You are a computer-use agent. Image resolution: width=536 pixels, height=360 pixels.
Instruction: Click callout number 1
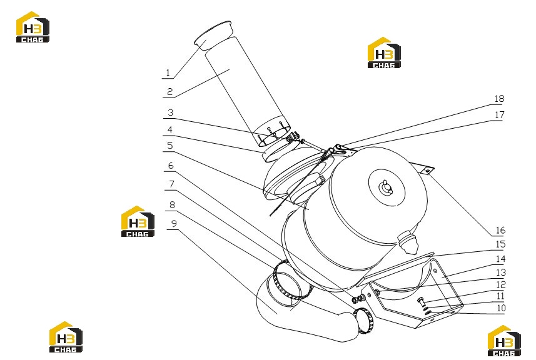tap(168, 72)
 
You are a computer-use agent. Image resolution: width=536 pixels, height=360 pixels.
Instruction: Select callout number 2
tap(170, 91)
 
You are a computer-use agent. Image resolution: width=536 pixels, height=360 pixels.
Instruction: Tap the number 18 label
tap(499, 99)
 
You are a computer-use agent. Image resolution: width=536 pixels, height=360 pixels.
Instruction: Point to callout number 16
tap(500, 230)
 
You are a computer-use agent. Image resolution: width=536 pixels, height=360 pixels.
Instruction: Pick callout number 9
tap(174, 223)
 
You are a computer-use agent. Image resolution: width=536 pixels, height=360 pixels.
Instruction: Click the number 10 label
tap(501, 307)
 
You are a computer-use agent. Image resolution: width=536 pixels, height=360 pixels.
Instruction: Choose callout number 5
tap(170, 146)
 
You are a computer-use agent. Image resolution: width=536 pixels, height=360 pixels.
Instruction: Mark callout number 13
tap(501, 272)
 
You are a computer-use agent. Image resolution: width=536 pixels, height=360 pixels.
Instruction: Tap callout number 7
tap(171, 184)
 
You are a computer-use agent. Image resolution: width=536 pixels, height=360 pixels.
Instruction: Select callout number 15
tap(500, 244)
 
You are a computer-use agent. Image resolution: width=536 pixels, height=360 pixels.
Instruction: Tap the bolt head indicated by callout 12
tap(420, 302)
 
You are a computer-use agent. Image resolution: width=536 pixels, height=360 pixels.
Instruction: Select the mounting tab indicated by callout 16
tap(426, 170)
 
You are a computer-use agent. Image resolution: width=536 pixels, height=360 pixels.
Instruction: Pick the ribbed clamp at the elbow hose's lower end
tap(364, 321)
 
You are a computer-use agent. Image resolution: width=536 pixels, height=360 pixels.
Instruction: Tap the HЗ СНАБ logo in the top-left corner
tap(33, 27)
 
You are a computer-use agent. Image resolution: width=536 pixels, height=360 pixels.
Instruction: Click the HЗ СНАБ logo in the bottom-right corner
tap(504, 341)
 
